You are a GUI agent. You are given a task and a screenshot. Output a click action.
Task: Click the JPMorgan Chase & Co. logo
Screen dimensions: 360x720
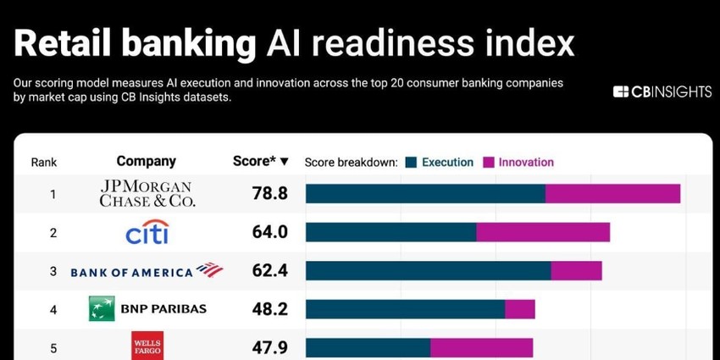(x=147, y=194)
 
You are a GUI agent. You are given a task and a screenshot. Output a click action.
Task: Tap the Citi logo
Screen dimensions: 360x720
(x=147, y=232)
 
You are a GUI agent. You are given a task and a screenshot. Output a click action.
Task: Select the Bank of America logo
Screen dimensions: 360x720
(x=147, y=271)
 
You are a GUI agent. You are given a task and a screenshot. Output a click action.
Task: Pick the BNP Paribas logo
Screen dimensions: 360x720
(x=147, y=309)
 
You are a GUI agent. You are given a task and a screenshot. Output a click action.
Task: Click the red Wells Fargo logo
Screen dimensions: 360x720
(x=147, y=345)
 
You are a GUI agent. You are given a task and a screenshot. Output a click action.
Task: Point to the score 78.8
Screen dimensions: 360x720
(x=270, y=194)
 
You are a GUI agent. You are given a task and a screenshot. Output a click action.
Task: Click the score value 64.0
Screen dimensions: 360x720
(x=270, y=232)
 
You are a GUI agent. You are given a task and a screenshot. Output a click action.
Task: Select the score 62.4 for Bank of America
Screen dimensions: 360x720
(x=270, y=271)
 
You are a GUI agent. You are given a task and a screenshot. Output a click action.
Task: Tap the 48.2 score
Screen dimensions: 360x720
(x=270, y=309)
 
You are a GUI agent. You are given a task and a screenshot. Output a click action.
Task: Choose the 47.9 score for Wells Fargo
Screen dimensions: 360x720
(x=270, y=346)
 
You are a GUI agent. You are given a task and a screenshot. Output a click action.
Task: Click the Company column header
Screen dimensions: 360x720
(x=147, y=161)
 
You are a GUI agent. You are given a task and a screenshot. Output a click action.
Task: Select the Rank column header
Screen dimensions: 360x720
(x=44, y=162)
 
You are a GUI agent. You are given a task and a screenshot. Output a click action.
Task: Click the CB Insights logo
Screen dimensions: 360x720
(x=662, y=91)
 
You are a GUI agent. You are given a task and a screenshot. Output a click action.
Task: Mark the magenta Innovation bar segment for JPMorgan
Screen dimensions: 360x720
(x=612, y=194)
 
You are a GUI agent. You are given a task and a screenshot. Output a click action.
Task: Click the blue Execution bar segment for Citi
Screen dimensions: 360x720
(x=390, y=232)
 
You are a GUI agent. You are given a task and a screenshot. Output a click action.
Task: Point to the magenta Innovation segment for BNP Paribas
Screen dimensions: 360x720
(x=520, y=309)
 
